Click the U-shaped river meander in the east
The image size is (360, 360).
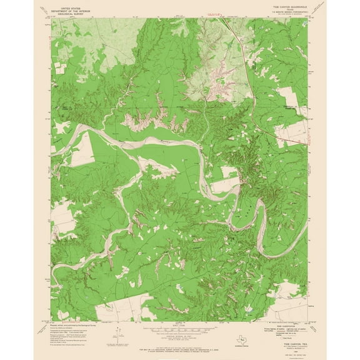click(247, 216)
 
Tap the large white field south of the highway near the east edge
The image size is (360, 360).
click(288, 97)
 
